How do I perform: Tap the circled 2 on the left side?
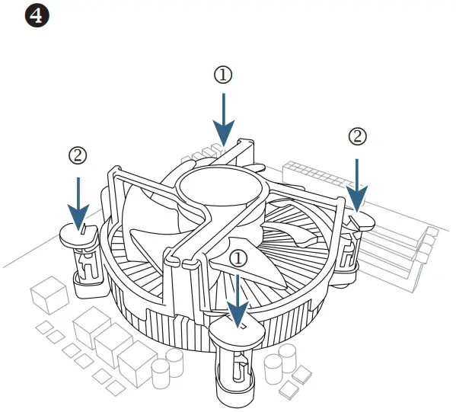[x=78, y=155]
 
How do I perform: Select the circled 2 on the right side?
[x=357, y=137]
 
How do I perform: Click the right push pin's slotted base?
[x=349, y=251]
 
